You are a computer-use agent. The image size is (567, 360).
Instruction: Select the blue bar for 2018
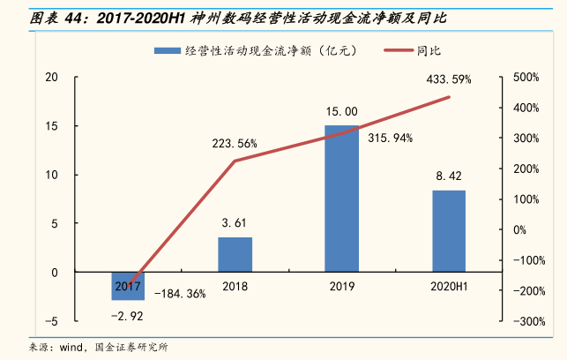[x=235, y=254]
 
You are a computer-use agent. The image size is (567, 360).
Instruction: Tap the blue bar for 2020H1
[x=448, y=230]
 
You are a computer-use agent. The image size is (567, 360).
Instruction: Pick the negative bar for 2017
[x=128, y=287]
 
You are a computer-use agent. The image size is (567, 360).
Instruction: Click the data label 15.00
[x=341, y=112]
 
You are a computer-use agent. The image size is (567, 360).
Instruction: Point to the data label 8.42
[x=449, y=176]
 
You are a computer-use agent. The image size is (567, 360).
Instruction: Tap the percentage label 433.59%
[x=448, y=79]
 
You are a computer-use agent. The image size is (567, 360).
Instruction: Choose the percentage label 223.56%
[x=234, y=144]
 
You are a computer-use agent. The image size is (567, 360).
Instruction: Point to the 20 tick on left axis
[x=52, y=78]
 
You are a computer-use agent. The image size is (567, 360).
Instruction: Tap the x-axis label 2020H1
[x=448, y=286]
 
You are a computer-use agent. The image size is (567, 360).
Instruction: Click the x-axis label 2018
[x=235, y=286]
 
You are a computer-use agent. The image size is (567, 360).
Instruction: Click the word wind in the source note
[x=73, y=347]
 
